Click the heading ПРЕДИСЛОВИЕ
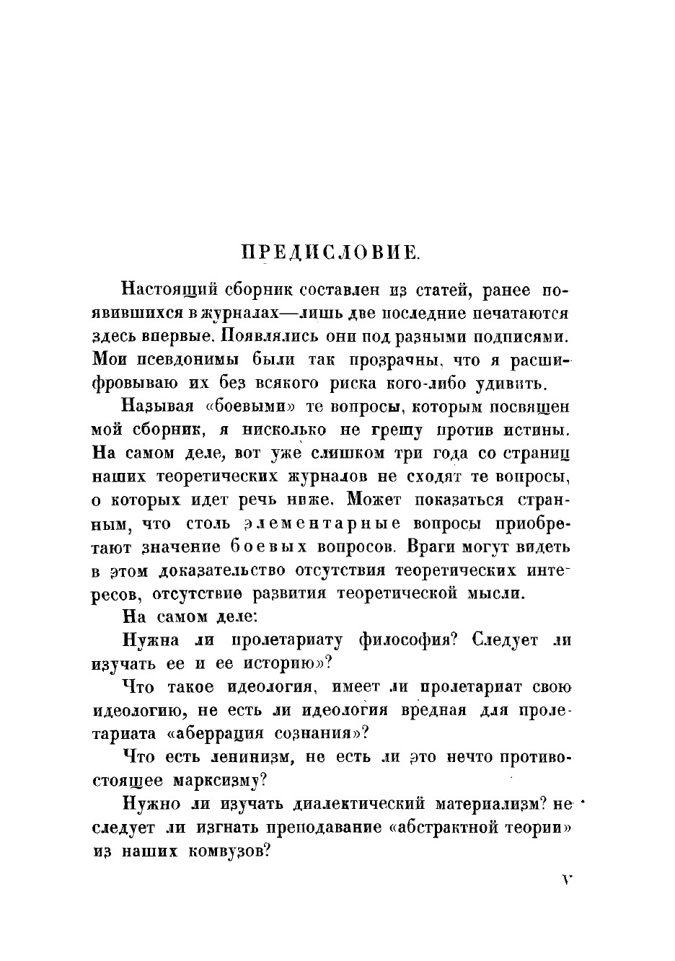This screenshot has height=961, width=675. [330, 252]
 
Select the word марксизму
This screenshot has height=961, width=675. [220, 780]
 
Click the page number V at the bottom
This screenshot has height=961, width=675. [565, 880]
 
